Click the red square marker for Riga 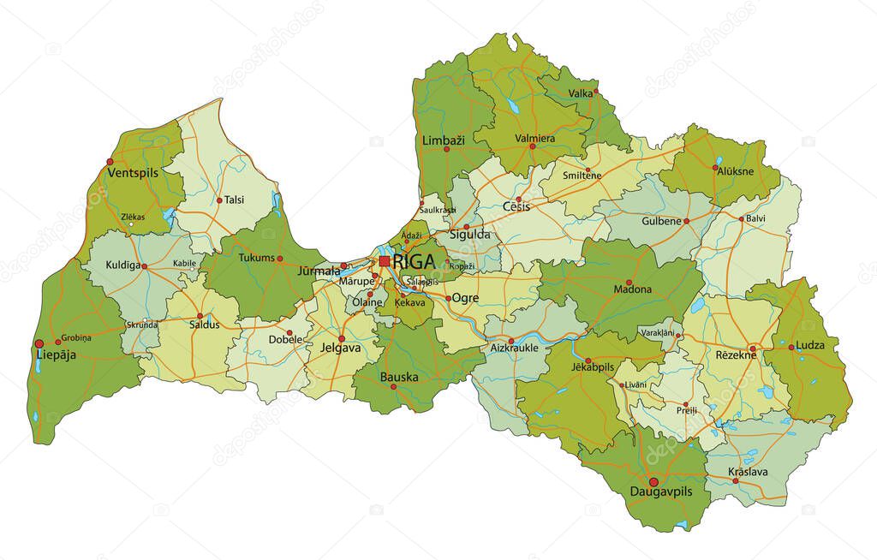385,261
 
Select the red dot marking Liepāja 39,344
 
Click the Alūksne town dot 717,168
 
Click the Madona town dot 629,283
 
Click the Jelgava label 340,349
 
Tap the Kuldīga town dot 144,266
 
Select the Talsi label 235,200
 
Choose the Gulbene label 660,221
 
